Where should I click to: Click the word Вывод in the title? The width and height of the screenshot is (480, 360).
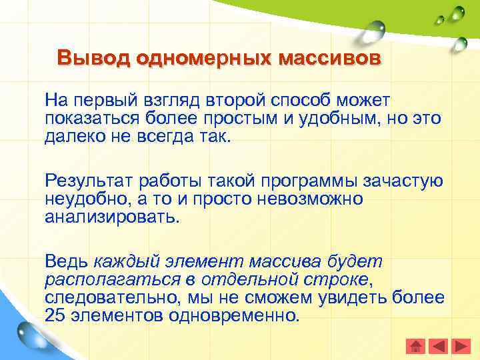(x=93, y=58)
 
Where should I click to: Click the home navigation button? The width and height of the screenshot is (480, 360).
(x=416, y=346)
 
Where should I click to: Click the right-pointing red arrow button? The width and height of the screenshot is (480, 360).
(x=461, y=346)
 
